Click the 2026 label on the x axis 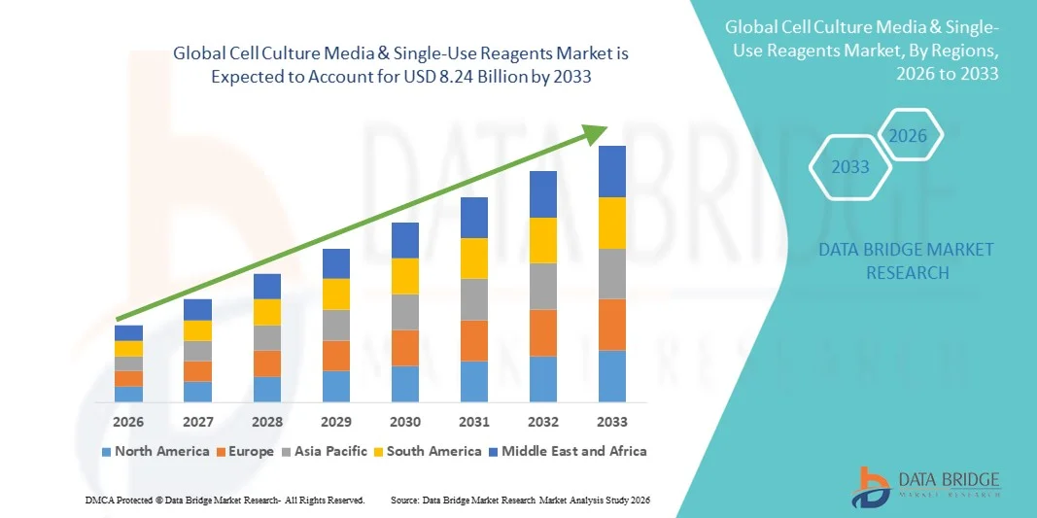tap(128, 422)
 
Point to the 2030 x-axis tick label tap(405, 422)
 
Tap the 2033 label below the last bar tap(611, 422)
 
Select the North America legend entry tap(156, 451)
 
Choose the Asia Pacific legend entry tap(326, 451)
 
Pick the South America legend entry tap(428, 451)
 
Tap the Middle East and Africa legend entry tap(568, 451)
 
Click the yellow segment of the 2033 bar tap(611, 224)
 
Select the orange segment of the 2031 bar tap(474, 340)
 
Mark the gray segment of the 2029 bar tap(336, 325)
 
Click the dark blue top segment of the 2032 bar tap(542, 194)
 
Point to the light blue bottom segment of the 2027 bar tap(197, 392)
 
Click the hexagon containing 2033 tap(850, 167)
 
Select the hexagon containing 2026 tap(909, 136)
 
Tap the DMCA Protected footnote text tap(225, 500)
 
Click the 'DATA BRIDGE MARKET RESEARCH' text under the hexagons tap(906, 261)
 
